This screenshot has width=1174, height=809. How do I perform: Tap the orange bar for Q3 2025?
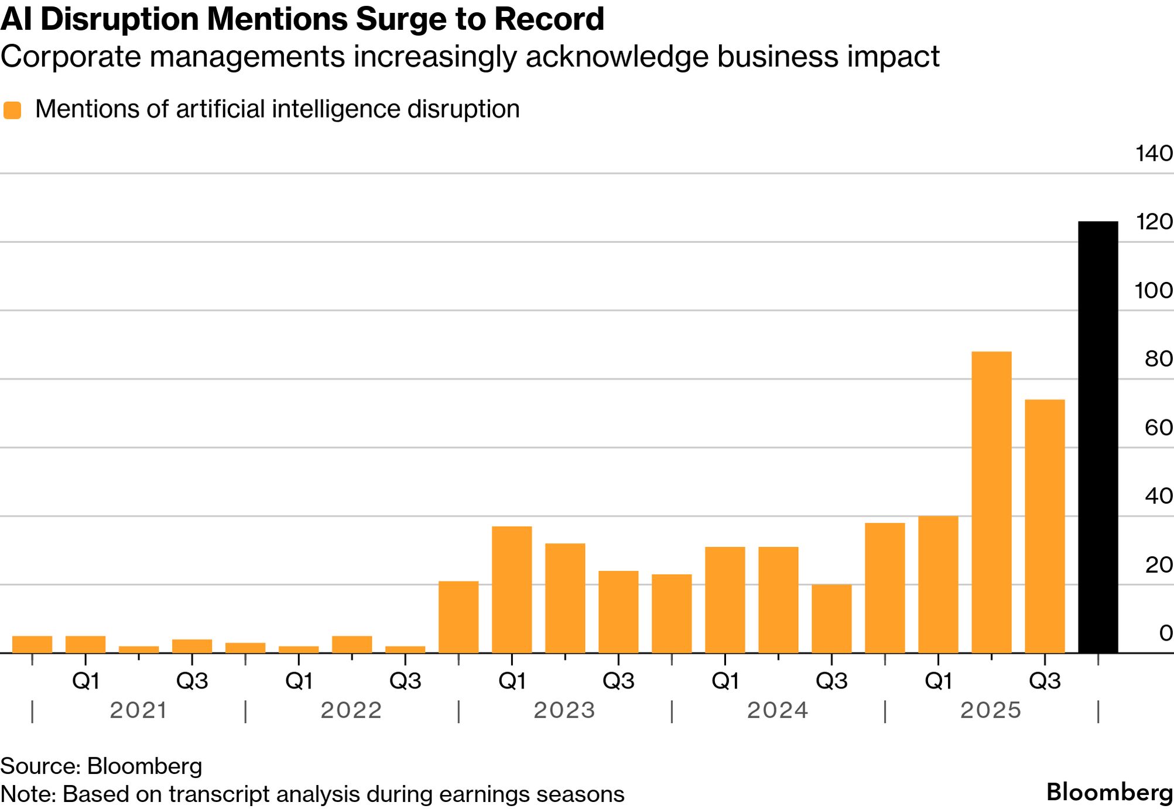click(x=1045, y=526)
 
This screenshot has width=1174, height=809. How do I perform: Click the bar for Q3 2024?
click(x=831, y=618)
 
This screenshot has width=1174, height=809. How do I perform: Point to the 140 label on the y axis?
click(x=1154, y=153)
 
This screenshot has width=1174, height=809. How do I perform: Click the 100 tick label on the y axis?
click(x=1154, y=290)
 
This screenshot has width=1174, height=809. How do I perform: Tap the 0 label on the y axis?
click(x=1165, y=633)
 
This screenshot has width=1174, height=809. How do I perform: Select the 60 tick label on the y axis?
click(x=1158, y=428)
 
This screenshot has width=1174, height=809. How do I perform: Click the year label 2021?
click(x=139, y=710)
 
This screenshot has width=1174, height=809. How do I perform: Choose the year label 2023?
click(x=564, y=710)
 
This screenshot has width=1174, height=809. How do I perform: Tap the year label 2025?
click(x=991, y=710)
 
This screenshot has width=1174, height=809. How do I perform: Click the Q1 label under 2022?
click(x=299, y=681)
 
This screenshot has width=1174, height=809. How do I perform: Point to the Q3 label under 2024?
click(x=831, y=681)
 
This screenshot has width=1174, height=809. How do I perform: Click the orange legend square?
click(x=12, y=110)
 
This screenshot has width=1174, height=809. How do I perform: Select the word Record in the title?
click(x=549, y=19)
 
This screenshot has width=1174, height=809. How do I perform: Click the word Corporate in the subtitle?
click(x=71, y=57)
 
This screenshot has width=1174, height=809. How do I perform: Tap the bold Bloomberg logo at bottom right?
click(x=1109, y=792)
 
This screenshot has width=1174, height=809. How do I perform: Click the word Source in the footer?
click(x=39, y=766)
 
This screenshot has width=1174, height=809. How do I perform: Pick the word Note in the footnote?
click(x=27, y=794)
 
